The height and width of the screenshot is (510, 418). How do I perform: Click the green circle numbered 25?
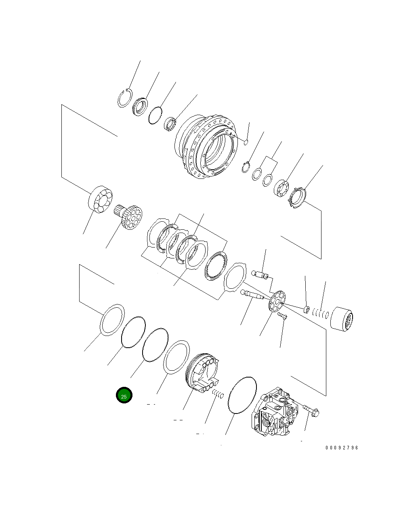tap(124, 396)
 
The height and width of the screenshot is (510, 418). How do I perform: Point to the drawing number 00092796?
tap(342, 448)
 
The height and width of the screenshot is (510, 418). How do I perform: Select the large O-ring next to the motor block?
tap(242, 395)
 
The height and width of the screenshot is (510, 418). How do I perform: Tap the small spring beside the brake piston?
tap(218, 393)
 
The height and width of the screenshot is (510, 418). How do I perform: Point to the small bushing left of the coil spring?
tap(306, 310)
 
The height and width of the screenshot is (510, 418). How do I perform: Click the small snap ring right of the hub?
tap(246, 167)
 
